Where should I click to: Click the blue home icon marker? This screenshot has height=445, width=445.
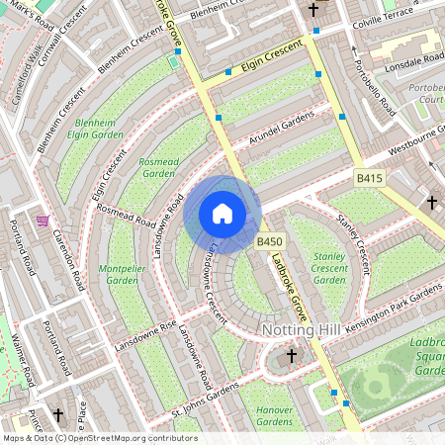[222, 214]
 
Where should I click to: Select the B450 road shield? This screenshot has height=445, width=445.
[270, 242]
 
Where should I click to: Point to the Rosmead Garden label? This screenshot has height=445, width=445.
[158, 166]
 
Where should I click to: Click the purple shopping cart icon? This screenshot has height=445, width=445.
[43, 220]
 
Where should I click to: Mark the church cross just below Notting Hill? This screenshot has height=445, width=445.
[291, 354]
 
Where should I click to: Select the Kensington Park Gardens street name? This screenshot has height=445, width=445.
[396, 302]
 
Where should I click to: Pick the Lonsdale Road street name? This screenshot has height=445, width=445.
[406, 60]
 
